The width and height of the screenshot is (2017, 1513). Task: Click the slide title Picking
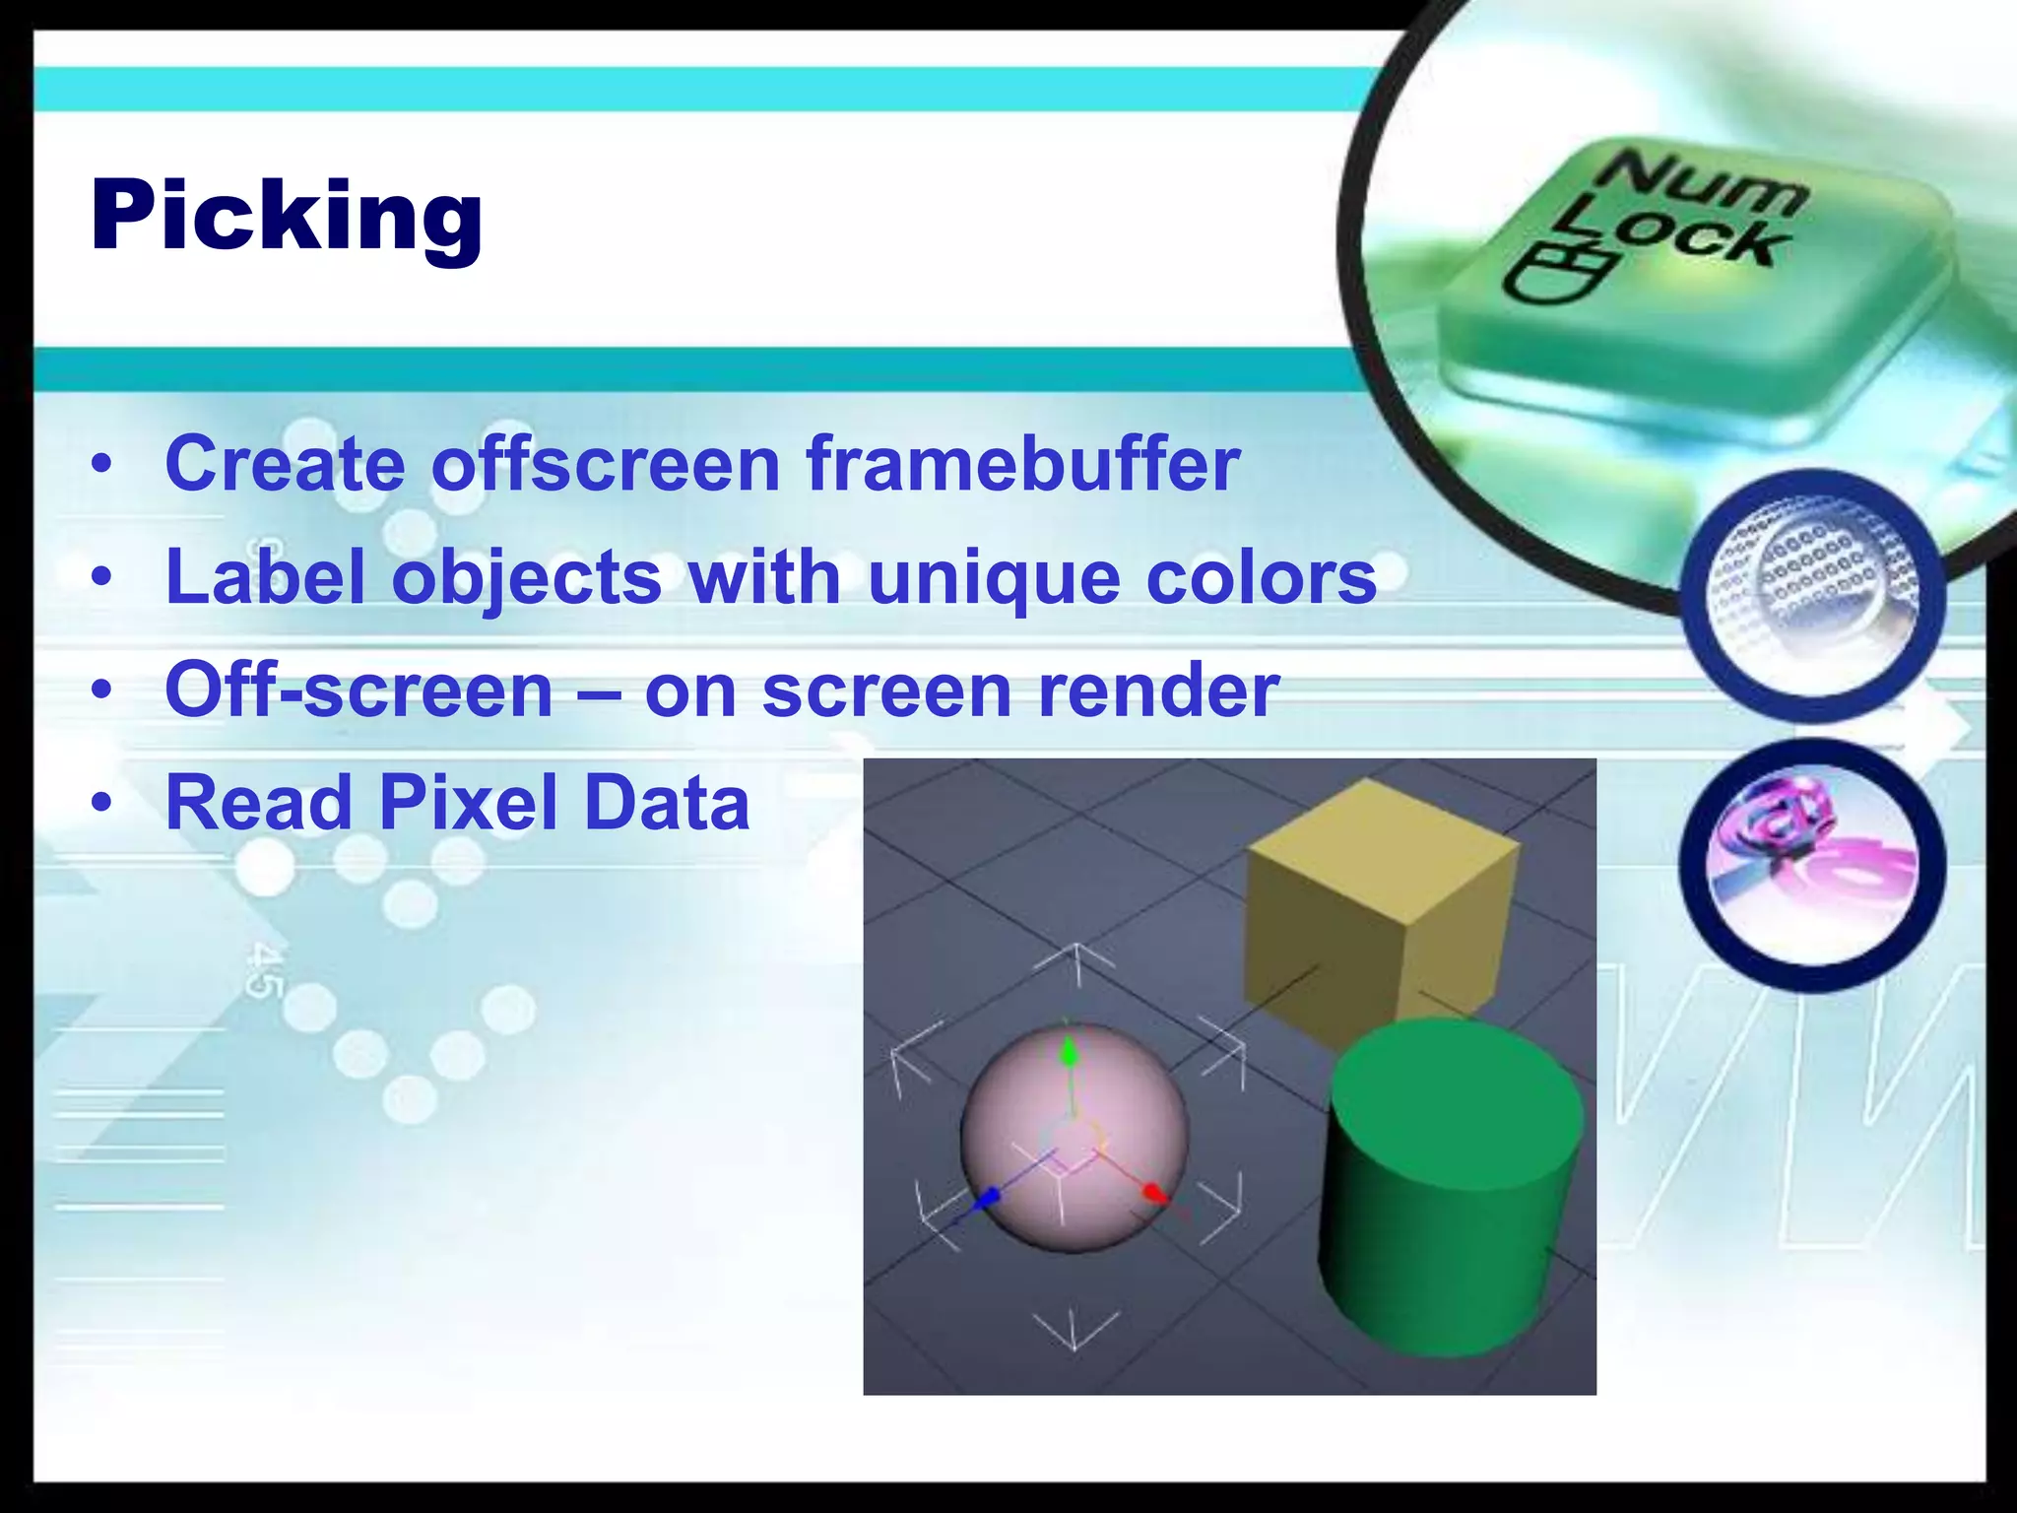286,217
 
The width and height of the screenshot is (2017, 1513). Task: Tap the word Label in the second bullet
266,576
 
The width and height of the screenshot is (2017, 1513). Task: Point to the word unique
994,578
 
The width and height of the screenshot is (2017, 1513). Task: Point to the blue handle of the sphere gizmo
987,1198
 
